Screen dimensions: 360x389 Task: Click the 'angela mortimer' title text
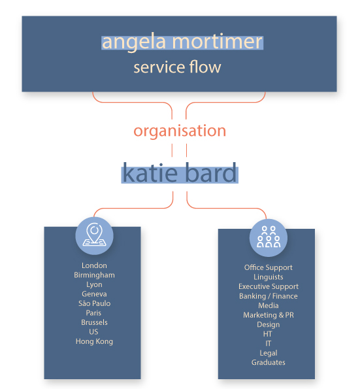tap(182, 42)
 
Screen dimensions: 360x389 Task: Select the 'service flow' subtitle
tap(177, 67)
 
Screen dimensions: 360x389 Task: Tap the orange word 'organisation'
tap(180, 131)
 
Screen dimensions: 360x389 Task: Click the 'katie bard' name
tap(180, 173)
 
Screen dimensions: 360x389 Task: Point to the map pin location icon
tap(95, 235)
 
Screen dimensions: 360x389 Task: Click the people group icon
tap(269, 237)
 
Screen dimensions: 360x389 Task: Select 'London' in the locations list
tap(94, 265)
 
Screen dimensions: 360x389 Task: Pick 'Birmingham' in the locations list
tap(94, 275)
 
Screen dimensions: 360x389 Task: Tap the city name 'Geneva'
tap(94, 294)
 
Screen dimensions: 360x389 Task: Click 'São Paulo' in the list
tap(94, 303)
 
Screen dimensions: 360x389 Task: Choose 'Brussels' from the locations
tap(94, 322)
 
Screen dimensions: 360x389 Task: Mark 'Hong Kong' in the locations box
tap(94, 342)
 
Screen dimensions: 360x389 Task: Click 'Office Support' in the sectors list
tap(269, 267)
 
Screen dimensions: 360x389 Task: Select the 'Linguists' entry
tap(269, 277)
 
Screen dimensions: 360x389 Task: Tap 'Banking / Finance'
tap(269, 296)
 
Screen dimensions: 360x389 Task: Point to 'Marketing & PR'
tap(269, 315)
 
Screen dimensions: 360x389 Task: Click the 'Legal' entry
tap(269, 353)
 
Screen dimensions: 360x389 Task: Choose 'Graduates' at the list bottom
tap(269, 362)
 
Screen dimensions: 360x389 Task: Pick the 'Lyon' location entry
tap(94, 284)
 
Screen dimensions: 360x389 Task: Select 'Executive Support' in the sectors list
tap(269, 286)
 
